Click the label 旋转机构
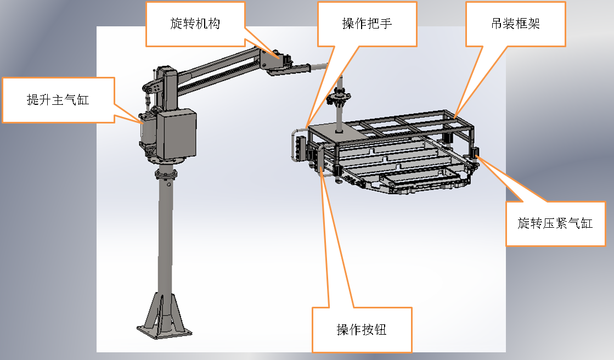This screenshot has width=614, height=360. (x=195, y=24)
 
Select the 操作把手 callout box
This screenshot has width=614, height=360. (x=367, y=24)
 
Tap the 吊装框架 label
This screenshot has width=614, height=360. (x=515, y=24)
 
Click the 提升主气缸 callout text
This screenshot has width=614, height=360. (x=58, y=99)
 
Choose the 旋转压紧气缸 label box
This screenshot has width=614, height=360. (x=555, y=223)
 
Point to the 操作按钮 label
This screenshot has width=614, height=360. (x=362, y=329)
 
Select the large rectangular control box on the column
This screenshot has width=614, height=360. (x=177, y=133)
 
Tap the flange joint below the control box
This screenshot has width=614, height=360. (x=166, y=174)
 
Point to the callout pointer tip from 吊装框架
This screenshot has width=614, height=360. (x=455, y=116)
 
